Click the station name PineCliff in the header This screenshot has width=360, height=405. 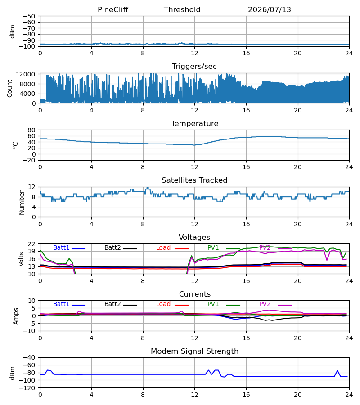coord(113,9)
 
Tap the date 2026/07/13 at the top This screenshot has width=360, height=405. coord(270,9)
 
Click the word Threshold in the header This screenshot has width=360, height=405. coord(182,9)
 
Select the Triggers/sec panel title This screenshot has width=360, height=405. coord(194,67)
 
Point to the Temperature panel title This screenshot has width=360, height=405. coord(194,123)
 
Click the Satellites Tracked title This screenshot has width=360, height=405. coord(194,180)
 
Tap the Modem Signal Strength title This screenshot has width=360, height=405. coord(194,351)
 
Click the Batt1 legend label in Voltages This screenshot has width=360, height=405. coord(61,247)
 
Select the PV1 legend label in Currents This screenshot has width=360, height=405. coord(213,304)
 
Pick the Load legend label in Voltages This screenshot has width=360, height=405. coord(163,247)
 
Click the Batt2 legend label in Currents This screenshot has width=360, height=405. coord(112,304)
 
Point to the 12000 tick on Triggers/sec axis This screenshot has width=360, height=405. coord(26,74)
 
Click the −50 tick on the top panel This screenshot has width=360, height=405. coord(29,16)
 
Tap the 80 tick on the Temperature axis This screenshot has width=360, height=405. coord(31,130)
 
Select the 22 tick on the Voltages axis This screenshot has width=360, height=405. coord(31,244)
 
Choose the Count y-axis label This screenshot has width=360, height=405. coord(9,88)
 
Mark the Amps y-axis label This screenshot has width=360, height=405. coord(16,316)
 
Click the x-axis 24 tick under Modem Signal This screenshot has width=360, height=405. coord(349,395)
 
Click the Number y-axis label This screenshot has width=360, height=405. coord(22,202)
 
